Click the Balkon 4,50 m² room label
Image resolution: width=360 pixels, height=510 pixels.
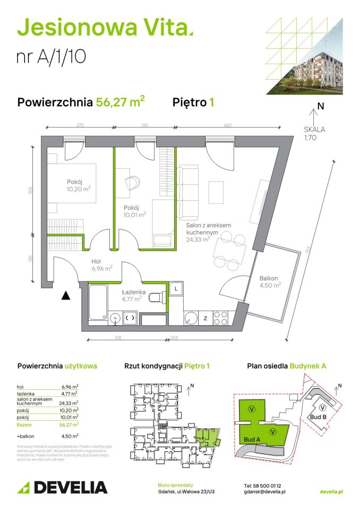[x=269, y=281]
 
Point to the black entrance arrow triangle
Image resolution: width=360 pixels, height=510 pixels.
[x=65, y=295]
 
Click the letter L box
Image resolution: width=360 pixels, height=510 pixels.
[x=175, y=288]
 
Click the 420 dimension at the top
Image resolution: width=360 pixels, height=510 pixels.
[x=228, y=125]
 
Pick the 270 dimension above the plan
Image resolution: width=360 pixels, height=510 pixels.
[x=80, y=125]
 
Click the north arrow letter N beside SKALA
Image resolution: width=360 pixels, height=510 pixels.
[x=320, y=106]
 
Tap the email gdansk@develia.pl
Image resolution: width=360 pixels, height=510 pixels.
[x=265, y=492]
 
